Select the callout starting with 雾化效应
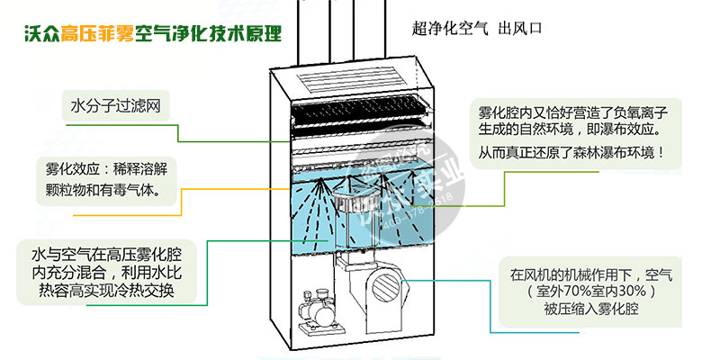click(x=109, y=180)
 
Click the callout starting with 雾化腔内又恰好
click(x=577, y=132)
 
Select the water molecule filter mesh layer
click(x=355, y=115)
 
